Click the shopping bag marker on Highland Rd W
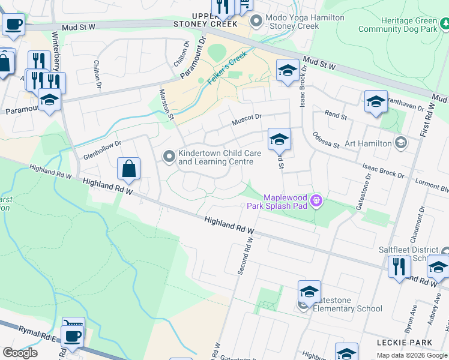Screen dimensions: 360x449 tap(129, 170)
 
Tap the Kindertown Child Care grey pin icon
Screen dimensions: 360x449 tap(169, 157)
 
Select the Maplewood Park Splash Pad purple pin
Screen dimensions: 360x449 tap(318, 200)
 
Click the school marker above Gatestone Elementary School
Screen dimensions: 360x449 tap(309, 293)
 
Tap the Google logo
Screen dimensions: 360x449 tap(20, 353)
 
